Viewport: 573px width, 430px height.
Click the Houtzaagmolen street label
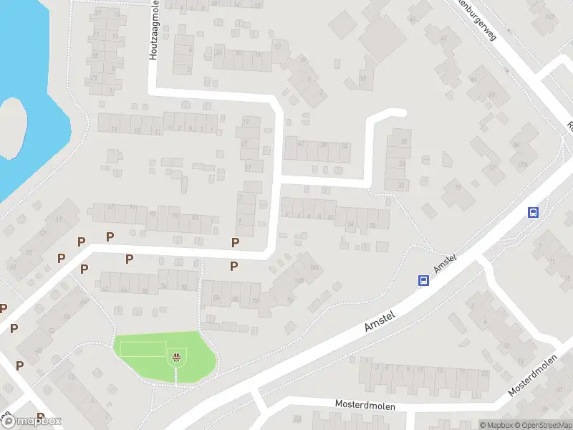[x=153, y=31]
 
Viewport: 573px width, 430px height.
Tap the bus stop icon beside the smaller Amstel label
[x=423, y=281]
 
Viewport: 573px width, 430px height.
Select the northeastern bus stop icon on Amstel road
[x=533, y=212]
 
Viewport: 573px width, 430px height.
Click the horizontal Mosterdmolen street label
[x=365, y=404]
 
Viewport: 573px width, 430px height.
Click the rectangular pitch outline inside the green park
[x=143, y=349]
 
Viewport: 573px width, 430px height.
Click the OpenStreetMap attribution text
[x=543, y=425]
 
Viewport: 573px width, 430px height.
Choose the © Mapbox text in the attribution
[x=496, y=425]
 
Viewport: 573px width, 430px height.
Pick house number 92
[x=255, y=300]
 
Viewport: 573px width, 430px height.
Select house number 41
[x=57, y=219]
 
